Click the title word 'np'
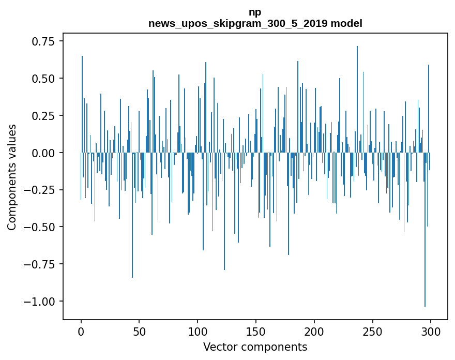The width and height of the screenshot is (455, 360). point(255,12)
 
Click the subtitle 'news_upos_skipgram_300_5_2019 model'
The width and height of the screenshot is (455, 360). point(255,24)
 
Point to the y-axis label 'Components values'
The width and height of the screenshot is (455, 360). point(12,177)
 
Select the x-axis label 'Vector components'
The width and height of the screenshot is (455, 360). point(255,347)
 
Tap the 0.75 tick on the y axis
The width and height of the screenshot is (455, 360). point(44,41)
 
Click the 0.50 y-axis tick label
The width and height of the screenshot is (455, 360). point(44,79)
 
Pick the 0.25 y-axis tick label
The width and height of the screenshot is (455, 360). point(44,116)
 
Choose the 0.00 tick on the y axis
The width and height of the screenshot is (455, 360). point(44,153)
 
